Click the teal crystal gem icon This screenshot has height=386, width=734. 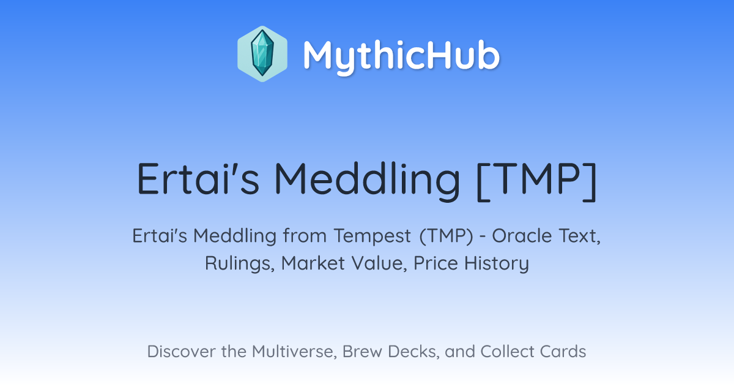(262, 53)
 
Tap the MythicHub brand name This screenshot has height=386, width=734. (401, 56)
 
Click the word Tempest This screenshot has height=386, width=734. (373, 237)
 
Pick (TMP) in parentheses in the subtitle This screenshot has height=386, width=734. (447, 236)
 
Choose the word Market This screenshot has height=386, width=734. (313, 263)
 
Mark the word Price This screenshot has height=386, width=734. (436, 263)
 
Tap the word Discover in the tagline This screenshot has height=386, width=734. (180, 352)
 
